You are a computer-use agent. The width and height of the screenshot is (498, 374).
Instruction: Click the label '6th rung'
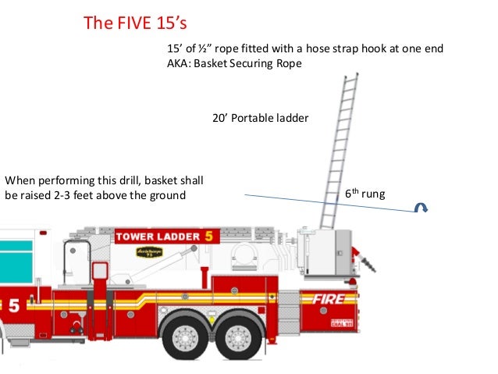tap(365, 192)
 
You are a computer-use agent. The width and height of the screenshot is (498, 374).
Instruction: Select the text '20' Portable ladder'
tap(260, 119)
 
